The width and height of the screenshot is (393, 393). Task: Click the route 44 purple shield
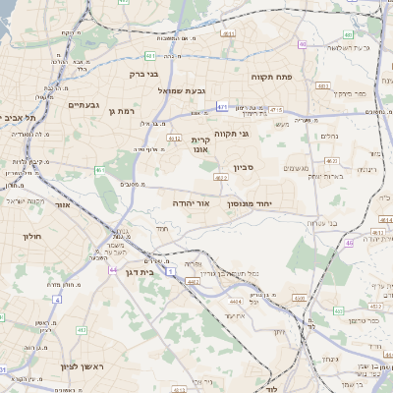[x=114, y=269]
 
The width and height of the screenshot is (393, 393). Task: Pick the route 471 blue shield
[x=223, y=106]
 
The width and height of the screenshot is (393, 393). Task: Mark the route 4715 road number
[x=276, y=110]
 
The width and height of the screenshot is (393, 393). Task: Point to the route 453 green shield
[x=339, y=310]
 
